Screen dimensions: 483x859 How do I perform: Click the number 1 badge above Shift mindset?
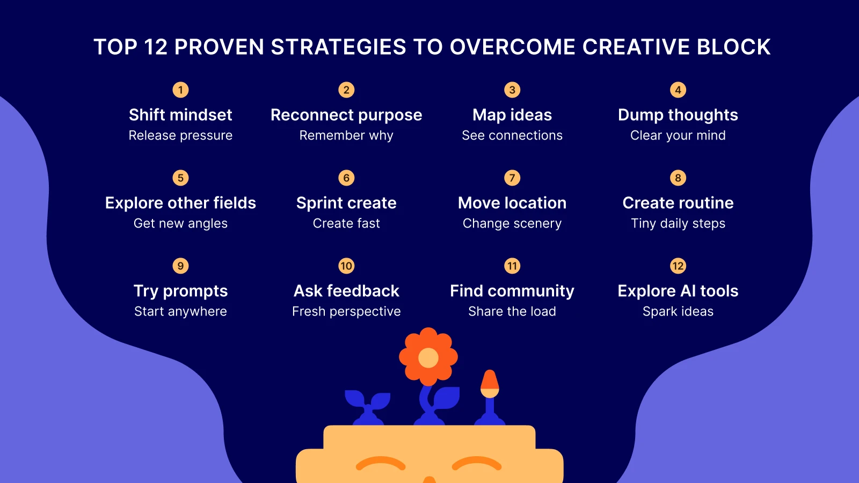tap(180, 90)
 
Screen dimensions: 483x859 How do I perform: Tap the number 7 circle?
tap(512, 178)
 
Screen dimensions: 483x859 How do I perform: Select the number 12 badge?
tap(678, 266)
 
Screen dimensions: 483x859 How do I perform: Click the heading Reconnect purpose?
tap(346, 115)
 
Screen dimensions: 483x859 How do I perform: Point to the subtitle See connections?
tap(512, 135)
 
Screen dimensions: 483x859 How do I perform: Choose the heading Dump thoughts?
tap(678, 115)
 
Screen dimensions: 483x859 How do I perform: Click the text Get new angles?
tap(180, 223)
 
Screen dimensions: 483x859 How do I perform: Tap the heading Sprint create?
tap(346, 203)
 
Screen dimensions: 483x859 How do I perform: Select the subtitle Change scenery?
tap(512, 223)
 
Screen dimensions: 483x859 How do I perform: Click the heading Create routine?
tap(678, 203)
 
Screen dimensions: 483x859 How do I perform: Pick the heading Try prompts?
tap(180, 291)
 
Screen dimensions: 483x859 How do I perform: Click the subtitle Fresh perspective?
tap(346, 311)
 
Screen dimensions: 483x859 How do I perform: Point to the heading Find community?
tap(512, 291)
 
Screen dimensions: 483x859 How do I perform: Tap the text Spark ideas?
tap(678, 311)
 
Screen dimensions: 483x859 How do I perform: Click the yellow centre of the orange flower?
tap(428, 357)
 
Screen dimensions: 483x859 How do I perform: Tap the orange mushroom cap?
tap(490, 381)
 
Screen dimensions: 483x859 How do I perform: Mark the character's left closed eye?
tap(381, 463)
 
